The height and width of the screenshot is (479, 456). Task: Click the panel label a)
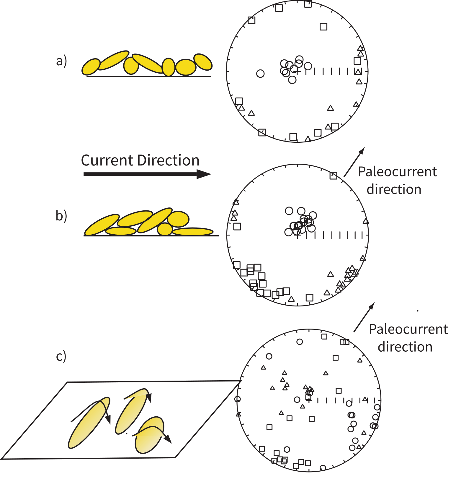[62, 61]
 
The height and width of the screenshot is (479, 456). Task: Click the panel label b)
[61, 216]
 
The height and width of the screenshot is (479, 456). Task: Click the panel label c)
[61, 356]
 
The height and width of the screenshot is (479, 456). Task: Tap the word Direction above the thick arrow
[168, 161]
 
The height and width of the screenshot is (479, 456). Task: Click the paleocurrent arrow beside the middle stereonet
[354, 162]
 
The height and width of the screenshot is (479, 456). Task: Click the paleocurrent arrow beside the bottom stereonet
[364, 317]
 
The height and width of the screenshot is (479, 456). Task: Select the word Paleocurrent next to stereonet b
[397, 172]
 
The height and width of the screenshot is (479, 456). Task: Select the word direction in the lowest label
[405, 347]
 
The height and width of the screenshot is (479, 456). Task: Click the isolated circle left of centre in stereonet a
[260, 73]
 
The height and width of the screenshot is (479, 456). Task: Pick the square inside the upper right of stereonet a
[323, 27]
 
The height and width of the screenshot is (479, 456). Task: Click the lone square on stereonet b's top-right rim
[333, 176]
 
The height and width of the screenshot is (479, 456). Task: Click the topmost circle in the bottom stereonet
[300, 342]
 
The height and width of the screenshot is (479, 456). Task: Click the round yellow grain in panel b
[165, 229]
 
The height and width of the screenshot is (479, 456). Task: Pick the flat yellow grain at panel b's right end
[193, 232]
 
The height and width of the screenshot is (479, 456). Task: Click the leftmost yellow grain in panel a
[91, 67]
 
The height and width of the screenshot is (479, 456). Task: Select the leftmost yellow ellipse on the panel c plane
[89, 423]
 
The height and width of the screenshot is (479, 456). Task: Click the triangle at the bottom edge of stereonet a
[308, 139]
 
